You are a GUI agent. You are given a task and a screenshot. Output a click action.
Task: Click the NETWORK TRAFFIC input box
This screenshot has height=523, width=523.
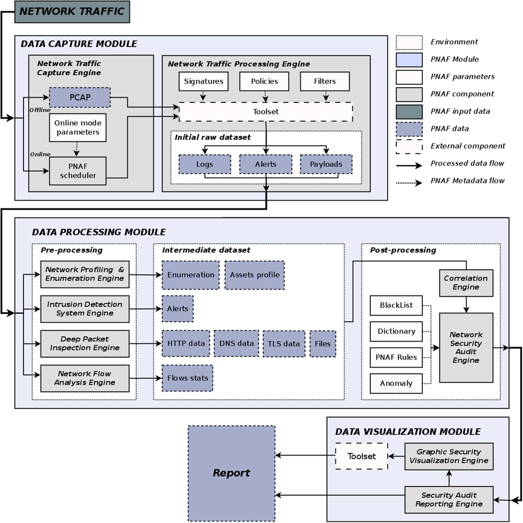(x=72, y=11)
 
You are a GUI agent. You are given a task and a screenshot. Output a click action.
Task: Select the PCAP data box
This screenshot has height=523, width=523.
(x=79, y=97)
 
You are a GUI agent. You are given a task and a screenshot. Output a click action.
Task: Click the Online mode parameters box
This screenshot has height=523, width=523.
(x=77, y=127)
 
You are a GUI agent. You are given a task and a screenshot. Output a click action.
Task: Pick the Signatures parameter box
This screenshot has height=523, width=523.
(x=203, y=81)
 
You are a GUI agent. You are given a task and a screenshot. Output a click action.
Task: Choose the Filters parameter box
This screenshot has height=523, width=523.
(x=325, y=81)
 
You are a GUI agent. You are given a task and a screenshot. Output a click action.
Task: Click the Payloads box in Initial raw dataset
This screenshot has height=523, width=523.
(x=326, y=164)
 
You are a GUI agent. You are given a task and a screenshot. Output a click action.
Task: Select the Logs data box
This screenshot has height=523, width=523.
(x=204, y=164)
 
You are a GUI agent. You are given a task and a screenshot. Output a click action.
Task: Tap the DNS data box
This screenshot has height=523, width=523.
(x=236, y=343)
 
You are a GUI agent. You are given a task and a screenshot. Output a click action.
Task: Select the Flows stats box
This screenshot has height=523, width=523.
(x=187, y=378)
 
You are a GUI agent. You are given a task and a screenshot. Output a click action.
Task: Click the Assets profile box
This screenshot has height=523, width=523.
(x=255, y=275)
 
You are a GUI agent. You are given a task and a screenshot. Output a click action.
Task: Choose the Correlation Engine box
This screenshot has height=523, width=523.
(x=466, y=283)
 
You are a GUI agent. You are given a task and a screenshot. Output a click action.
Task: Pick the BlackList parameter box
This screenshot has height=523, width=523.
(x=396, y=305)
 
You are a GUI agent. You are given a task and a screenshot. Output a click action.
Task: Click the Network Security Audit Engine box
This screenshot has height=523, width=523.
(x=466, y=348)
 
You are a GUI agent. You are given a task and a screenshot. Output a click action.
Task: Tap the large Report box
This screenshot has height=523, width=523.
(x=231, y=473)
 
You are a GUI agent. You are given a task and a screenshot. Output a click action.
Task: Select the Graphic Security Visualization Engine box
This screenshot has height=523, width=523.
(x=448, y=456)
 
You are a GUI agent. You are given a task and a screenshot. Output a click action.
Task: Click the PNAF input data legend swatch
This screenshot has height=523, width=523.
(x=409, y=111)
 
